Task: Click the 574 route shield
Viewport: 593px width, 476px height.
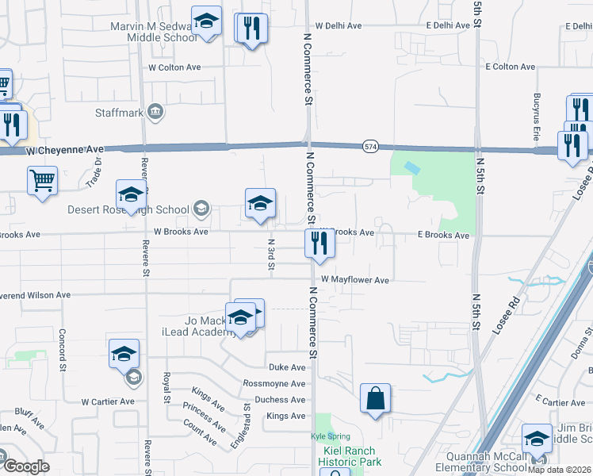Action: tap(370, 147)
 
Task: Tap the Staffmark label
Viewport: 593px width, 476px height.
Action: tap(120, 113)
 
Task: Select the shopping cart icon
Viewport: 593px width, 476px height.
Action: tap(42, 179)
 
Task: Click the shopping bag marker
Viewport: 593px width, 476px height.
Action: tap(375, 398)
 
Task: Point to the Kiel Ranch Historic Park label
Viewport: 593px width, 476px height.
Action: tap(350, 456)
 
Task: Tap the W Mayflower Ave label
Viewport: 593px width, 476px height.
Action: tap(355, 280)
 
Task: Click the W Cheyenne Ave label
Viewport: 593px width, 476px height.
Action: tap(65, 149)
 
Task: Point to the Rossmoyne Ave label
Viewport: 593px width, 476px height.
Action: tap(274, 383)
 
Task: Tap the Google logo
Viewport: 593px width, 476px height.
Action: tap(26, 466)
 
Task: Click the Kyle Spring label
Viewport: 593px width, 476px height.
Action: tap(323, 436)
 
